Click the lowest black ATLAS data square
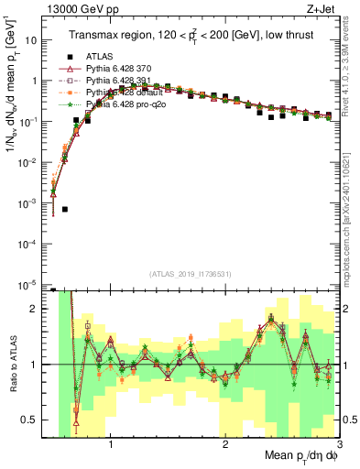click(65, 210)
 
